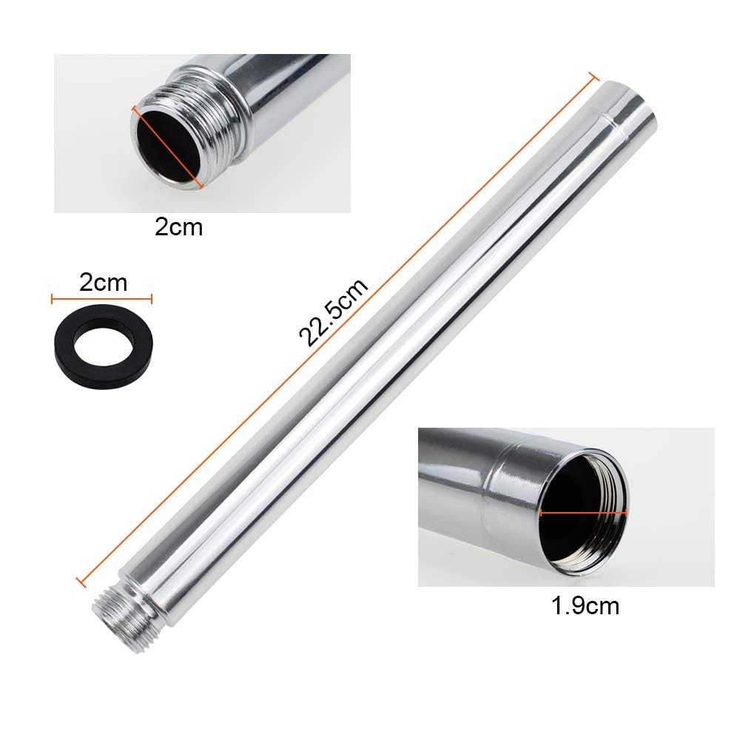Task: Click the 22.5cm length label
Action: pos(333,312)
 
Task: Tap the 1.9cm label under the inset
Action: pos(585,605)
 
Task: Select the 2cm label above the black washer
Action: pos(104,283)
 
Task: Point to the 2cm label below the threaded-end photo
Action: pos(179,227)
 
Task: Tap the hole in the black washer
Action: pos(104,346)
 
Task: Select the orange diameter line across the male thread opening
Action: pos(167,147)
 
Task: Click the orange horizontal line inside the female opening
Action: pos(583,513)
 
